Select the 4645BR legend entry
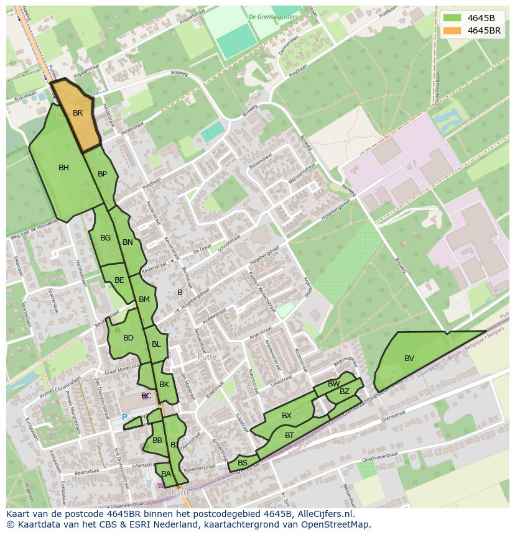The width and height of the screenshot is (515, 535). click(x=484, y=30)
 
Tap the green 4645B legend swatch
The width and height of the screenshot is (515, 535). click(x=452, y=18)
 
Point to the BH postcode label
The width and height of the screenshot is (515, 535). click(x=63, y=168)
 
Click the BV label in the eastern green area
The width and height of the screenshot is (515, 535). click(x=409, y=359)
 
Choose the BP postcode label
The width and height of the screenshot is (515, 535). click(x=102, y=174)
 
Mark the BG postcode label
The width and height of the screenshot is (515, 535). click(x=105, y=238)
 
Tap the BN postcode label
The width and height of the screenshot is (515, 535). click(x=128, y=242)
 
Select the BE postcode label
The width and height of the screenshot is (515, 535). click(x=119, y=280)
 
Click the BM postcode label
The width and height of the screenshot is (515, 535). click(x=144, y=300)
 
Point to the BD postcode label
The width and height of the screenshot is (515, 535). click(x=128, y=338)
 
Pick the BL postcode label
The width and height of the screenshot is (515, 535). click(x=155, y=344)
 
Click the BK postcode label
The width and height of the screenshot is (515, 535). click(x=164, y=385)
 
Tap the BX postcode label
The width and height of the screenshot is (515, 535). click(x=286, y=416)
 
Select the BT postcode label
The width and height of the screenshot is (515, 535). click(x=289, y=436)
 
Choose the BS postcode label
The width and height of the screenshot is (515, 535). click(x=243, y=463)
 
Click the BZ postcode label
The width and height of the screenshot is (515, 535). click(x=344, y=391)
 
